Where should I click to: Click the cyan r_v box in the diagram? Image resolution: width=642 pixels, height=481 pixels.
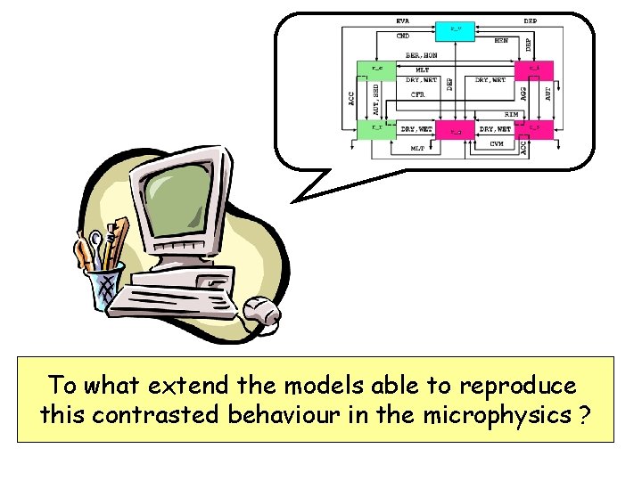pyautogui.click(x=456, y=31)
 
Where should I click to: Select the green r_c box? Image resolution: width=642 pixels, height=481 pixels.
pyautogui.click(x=376, y=69)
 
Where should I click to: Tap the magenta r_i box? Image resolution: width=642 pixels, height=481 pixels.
pyautogui.click(x=534, y=69)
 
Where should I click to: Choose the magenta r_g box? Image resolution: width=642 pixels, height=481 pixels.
pyautogui.click(x=456, y=132)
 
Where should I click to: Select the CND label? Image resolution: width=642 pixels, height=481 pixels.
pyautogui.click(x=402, y=37)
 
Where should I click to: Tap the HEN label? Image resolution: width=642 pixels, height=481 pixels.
pyautogui.click(x=501, y=40)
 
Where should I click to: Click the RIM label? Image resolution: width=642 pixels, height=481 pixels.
pyautogui.click(x=511, y=114)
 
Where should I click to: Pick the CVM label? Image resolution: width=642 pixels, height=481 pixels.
pyautogui.click(x=497, y=143)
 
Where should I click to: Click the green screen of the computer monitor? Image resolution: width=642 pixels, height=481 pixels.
pyautogui.click(x=179, y=201)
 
